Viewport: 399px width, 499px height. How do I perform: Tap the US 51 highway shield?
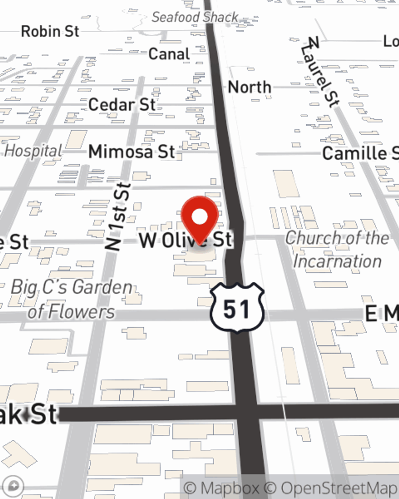coord(237,308)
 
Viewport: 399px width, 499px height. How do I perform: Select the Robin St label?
coord(50,31)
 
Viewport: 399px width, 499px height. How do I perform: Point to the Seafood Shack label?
coord(195,17)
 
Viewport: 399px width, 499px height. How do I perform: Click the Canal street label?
coord(169,54)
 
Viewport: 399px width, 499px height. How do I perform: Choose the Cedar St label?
coord(122,105)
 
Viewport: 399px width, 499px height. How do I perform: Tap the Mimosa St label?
coord(132,152)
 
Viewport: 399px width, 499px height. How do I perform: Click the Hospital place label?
coord(34,151)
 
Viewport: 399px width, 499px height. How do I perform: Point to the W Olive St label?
coord(185,240)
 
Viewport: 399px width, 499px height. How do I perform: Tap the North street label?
coord(249,87)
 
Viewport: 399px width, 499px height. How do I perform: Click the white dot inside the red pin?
coord(199,217)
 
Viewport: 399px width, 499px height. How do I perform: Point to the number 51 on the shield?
coord(237,309)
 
